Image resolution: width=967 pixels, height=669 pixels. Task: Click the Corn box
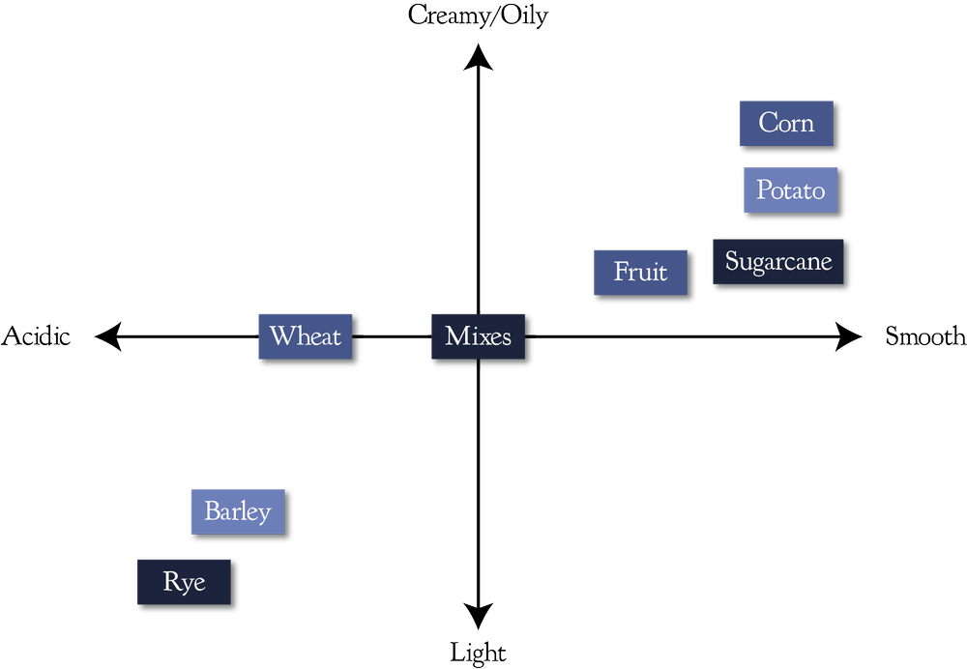[786, 123]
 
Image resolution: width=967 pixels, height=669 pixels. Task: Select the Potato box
[790, 189]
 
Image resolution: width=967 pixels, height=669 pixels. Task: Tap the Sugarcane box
[778, 261]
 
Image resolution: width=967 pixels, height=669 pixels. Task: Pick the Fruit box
[641, 273]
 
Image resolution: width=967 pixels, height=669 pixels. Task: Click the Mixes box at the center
[478, 337]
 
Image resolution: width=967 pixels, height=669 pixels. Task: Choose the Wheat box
[306, 336]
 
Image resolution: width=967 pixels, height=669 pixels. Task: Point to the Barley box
[238, 510]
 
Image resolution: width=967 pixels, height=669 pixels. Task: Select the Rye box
[185, 583]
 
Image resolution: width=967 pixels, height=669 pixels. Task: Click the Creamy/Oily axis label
[478, 15]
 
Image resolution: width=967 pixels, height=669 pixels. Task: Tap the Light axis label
[478, 654]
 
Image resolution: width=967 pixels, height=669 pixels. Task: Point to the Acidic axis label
[37, 336]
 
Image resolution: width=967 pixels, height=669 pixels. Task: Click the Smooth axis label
[925, 336]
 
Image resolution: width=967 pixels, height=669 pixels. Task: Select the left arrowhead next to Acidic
[108, 337]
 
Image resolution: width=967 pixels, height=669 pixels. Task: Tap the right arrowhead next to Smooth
[848, 337]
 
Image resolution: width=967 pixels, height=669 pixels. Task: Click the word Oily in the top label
[521, 15]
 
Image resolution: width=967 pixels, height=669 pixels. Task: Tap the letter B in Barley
[212, 510]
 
